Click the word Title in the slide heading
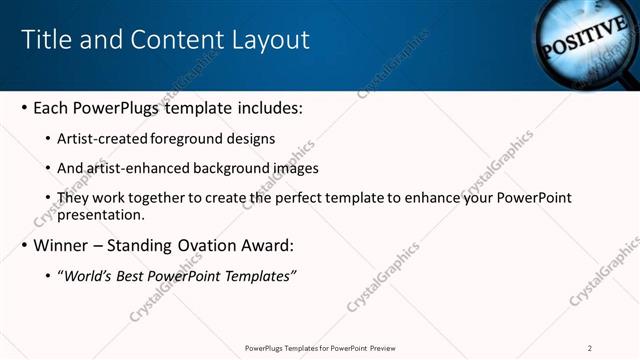point(46,40)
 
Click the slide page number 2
point(590,348)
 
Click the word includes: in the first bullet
point(267,107)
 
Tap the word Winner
point(62,246)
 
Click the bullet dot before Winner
point(23,247)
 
